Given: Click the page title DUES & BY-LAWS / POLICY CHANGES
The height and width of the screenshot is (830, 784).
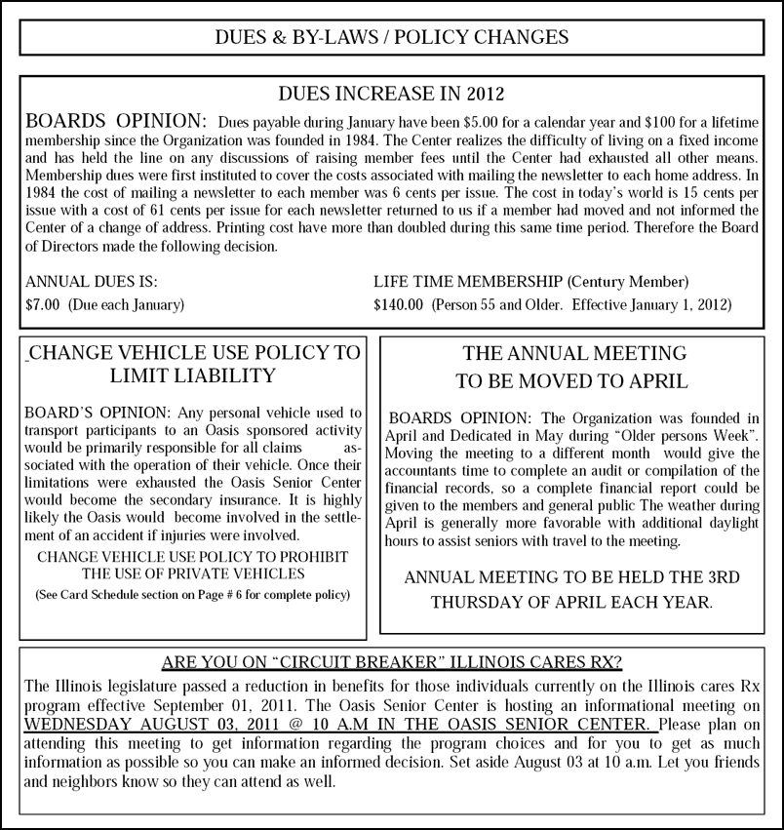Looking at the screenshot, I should tap(391, 38).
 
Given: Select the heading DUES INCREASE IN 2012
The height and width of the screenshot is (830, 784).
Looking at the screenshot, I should tap(391, 95).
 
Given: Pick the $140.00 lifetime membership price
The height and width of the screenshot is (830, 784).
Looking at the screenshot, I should tap(398, 304).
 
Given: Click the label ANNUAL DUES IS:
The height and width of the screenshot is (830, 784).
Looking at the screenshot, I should tap(91, 281).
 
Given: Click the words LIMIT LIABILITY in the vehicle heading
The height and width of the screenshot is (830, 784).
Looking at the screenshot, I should tap(194, 375).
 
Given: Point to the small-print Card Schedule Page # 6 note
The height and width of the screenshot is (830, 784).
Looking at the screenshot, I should tap(192, 594).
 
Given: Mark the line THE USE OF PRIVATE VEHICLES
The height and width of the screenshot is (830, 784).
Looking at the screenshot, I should tap(193, 573).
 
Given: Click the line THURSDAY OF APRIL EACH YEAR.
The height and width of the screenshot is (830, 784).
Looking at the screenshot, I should tap(571, 602).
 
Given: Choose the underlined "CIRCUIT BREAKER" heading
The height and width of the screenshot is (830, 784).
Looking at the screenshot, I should tap(391, 663).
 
